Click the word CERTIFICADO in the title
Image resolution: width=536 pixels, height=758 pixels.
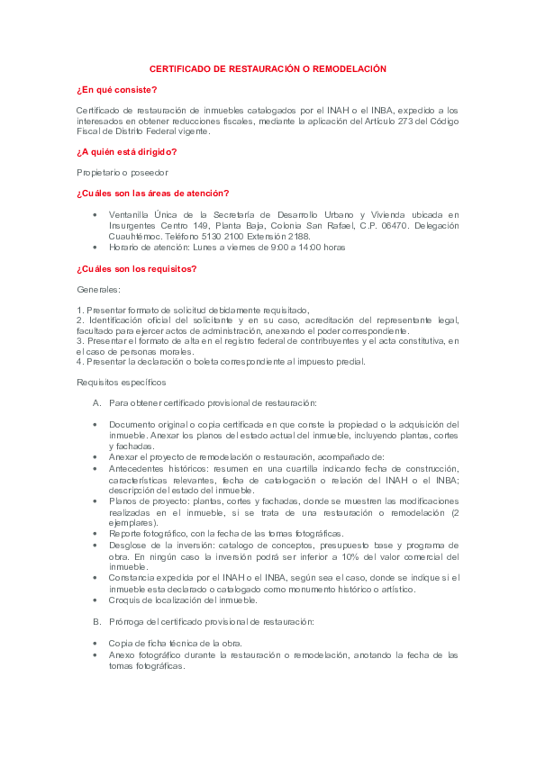point(174,68)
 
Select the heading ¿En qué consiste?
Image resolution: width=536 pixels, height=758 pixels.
point(116,89)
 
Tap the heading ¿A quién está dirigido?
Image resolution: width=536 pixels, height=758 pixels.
point(126,151)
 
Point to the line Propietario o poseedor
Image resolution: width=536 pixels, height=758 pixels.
point(123,172)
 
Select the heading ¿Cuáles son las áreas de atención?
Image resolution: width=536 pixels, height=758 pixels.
point(153,193)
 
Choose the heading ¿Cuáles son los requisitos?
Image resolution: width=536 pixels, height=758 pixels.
point(137,268)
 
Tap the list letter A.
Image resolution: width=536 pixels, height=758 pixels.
point(96,403)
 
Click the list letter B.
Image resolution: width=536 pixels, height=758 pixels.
point(96,621)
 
